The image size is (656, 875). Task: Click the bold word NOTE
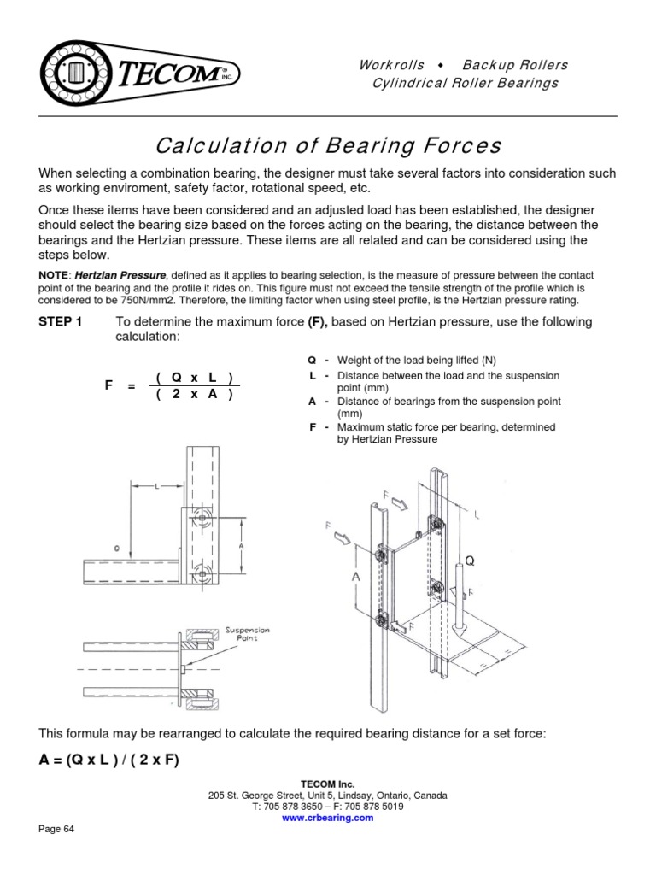click(x=55, y=276)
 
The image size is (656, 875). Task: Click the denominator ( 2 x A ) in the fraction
click(x=195, y=394)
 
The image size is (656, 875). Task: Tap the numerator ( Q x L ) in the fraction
click(x=195, y=378)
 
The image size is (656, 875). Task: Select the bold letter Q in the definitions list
click(x=312, y=359)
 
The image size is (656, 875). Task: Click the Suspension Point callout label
click(x=247, y=634)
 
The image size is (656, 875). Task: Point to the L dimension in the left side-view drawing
click(x=157, y=484)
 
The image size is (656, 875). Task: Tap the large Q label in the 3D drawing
click(x=468, y=562)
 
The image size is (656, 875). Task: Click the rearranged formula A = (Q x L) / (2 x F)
click(x=109, y=760)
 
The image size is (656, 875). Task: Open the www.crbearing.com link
click(x=328, y=818)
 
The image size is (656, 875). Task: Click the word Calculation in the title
click(x=214, y=144)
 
